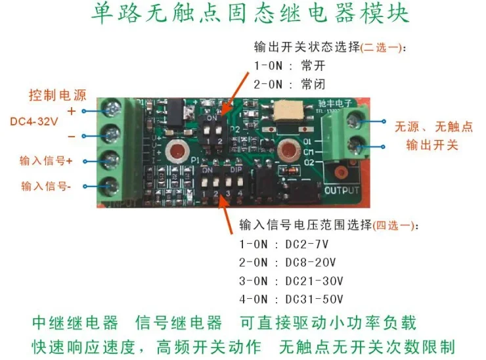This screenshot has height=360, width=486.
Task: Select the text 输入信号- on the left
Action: [x=45, y=186]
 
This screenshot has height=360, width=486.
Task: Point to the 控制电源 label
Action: [x=56, y=95]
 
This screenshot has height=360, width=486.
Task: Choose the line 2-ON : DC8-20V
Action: [x=288, y=263]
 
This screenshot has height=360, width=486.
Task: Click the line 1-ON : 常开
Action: [x=290, y=66]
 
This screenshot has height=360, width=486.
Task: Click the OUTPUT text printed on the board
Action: [x=342, y=191]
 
